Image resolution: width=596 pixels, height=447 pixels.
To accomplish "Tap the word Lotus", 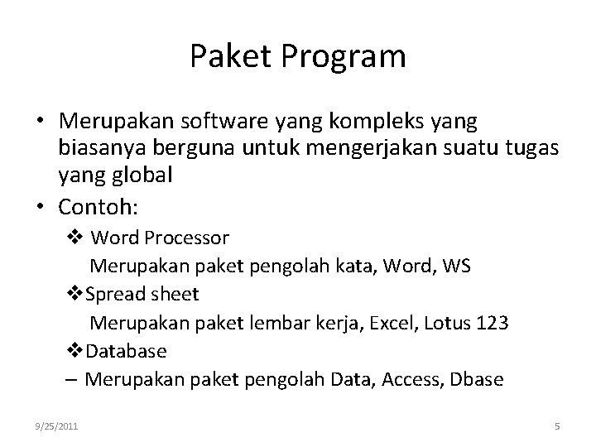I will [448, 323].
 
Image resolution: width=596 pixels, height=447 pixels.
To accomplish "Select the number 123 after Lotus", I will [493, 323].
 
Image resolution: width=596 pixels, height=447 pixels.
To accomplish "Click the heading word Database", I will [126, 351].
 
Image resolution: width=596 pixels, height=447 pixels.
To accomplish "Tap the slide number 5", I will [557, 426].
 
